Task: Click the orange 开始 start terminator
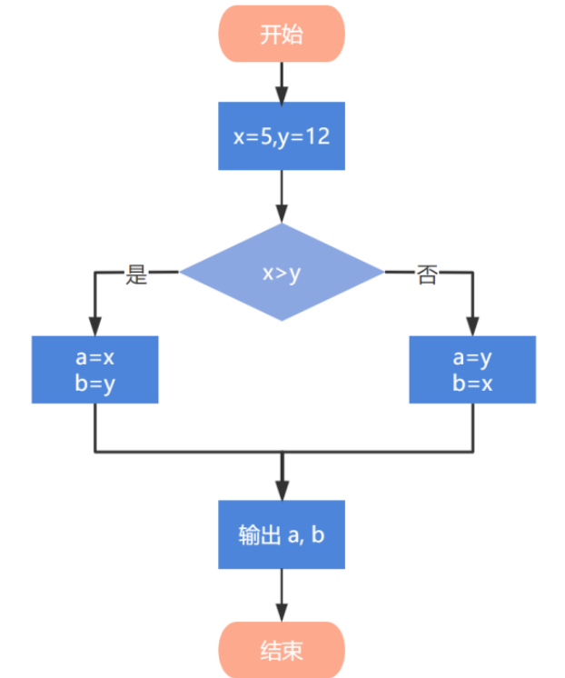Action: [x=282, y=35]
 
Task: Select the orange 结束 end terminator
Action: [x=282, y=651]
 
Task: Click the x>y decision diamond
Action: [x=282, y=274]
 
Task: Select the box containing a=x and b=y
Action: [x=95, y=370]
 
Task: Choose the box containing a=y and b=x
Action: [x=472, y=370]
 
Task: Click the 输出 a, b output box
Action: [x=282, y=535]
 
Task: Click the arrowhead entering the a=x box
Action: [x=95, y=328]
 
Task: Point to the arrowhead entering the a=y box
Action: [x=472, y=328]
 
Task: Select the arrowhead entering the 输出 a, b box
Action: [x=282, y=492]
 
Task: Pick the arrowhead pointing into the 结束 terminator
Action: [x=282, y=614]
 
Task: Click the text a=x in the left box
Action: [x=94, y=358]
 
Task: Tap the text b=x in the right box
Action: [x=472, y=383]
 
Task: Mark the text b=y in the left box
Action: [x=94, y=383]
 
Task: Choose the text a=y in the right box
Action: [x=472, y=358]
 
